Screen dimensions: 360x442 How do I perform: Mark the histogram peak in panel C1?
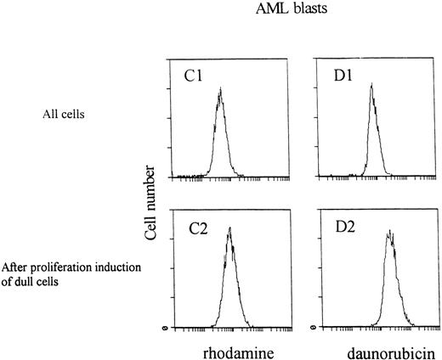pos(219,88)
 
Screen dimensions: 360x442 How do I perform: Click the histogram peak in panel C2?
pos(230,228)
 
